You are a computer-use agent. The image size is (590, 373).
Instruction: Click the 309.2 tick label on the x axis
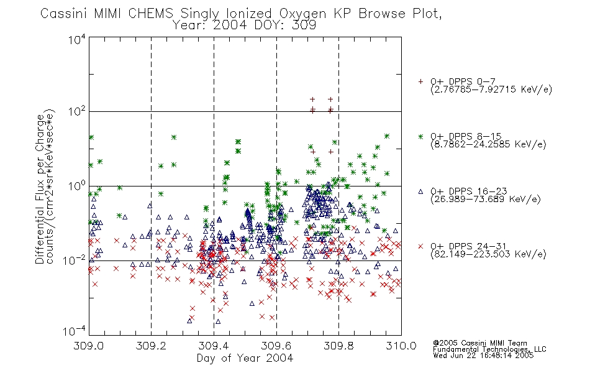pos(152,346)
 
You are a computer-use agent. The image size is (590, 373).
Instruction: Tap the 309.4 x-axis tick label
pos(214,346)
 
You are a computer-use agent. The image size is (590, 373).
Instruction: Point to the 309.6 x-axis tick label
pos(276,346)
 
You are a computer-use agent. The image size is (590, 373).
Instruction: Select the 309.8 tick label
pos(338,346)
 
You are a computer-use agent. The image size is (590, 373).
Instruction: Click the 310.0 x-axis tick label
pos(401,346)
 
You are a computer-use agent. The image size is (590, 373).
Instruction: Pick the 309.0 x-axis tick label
pos(89,346)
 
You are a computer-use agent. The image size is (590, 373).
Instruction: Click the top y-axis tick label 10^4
pos(77,39)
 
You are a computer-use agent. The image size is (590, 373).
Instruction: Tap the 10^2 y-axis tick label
pos(77,112)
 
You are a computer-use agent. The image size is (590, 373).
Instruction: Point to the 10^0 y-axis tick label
pos(77,186)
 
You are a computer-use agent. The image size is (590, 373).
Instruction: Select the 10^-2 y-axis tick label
pos(75,260)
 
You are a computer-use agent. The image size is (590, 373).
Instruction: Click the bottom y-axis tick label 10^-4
pos(75,331)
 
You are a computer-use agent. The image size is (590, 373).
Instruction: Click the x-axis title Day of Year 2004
pos(245,358)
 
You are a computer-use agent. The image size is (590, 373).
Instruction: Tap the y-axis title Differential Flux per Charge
pos(40,189)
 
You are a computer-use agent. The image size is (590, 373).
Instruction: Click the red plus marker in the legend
pos(420,81)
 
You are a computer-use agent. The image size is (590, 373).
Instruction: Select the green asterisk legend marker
pos(420,136)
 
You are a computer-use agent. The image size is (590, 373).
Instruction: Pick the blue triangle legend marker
pos(420,191)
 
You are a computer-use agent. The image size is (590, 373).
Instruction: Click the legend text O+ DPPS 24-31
pos(468,246)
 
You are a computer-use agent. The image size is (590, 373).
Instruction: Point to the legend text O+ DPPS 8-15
pos(466,136)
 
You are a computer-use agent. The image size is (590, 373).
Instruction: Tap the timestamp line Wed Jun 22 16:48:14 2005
pos(483,356)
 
